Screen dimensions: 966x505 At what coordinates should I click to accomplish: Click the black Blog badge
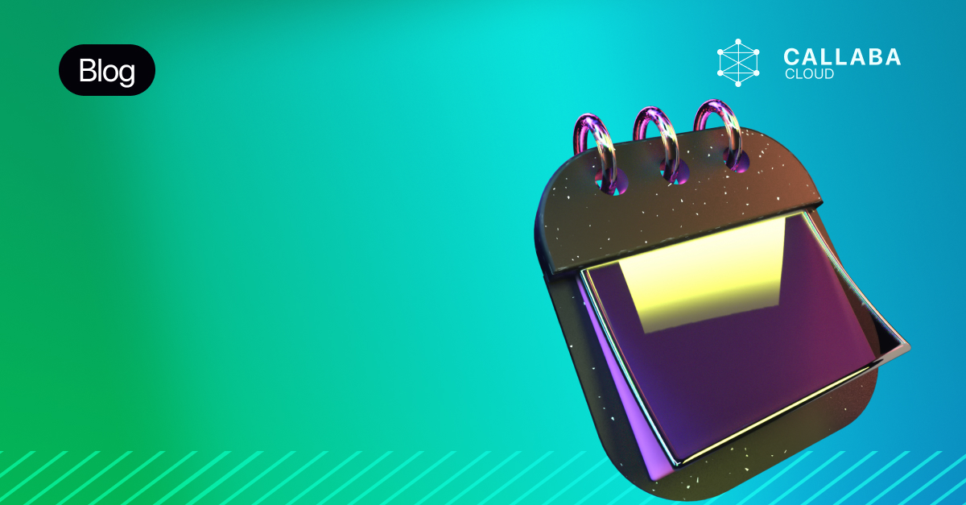coord(107,70)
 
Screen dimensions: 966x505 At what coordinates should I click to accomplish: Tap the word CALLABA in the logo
coord(842,57)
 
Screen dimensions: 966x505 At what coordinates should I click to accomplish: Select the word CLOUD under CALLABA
coord(810,74)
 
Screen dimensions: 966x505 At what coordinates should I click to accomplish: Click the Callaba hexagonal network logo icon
coord(738,63)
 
